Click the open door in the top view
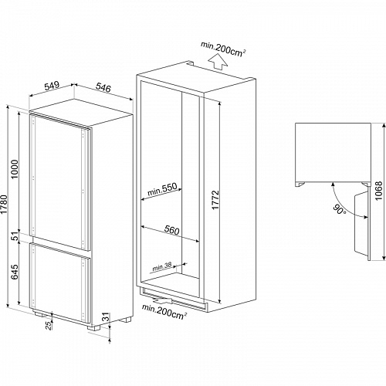359,224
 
